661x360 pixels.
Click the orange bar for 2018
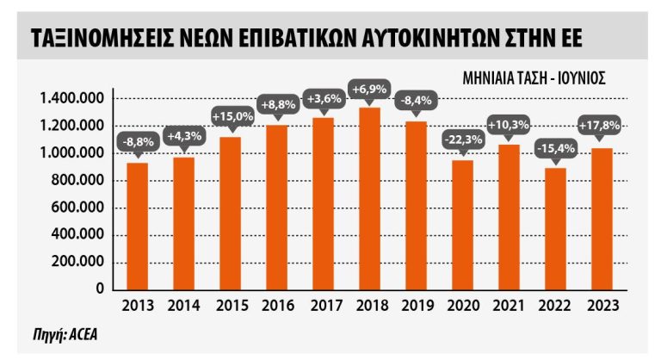(x=369, y=199)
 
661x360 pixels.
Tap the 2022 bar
(x=555, y=228)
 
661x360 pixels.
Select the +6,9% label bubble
(x=369, y=89)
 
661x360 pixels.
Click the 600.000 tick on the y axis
(x=83, y=208)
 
